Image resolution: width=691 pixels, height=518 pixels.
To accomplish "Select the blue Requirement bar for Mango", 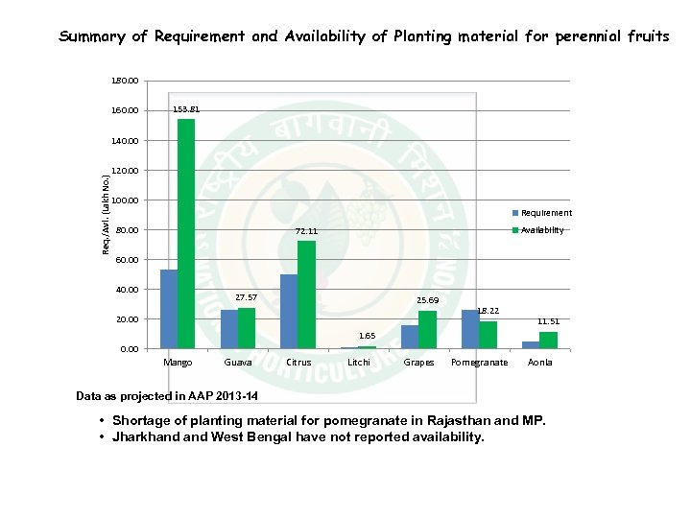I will coord(169,309).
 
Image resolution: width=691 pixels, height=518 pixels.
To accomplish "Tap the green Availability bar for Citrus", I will coord(306,294).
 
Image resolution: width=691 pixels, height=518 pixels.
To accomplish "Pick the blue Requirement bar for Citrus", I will coord(289,312).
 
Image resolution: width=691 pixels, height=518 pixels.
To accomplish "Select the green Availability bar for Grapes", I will coord(427,329).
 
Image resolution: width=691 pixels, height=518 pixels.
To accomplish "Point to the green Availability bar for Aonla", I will coord(548,341).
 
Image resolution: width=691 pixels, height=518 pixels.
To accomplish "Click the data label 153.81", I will coord(186,109).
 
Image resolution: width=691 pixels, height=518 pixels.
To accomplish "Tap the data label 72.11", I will coord(306,231).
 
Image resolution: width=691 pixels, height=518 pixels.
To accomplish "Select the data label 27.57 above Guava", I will coord(247,297).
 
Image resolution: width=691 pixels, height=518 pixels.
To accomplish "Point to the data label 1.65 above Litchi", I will coord(367,336).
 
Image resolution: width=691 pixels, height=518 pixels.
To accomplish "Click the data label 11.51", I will coord(548,321).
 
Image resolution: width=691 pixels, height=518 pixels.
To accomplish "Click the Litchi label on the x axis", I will coord(359,363).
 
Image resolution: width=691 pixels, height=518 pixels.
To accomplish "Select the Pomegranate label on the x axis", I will coord(479,363).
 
